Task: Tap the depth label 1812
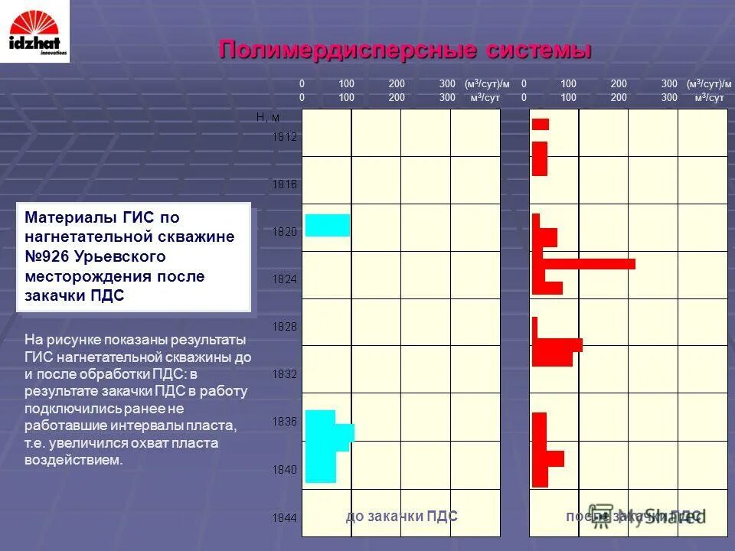pos(285,137)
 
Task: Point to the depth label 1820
pos(285,231)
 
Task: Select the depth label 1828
pos(285,326)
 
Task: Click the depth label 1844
pos(285,518)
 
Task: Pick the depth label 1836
pos(285,421)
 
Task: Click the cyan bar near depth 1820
pos(328,225)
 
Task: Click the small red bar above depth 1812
pos(541,124)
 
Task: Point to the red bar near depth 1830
pos(557,345)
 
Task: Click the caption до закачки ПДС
pos(402,517)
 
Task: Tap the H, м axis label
pos(267,117)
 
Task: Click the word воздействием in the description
pos(73,460)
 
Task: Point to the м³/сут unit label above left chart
pos(485,98)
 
